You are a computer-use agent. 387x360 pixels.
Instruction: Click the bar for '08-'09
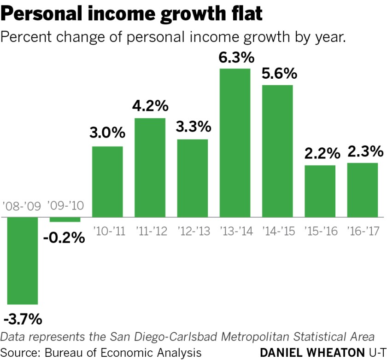tap(23, 260)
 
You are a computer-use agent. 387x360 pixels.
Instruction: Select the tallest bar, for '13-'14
tap(235, 142)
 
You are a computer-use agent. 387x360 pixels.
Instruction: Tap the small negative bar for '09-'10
tap(65, 219)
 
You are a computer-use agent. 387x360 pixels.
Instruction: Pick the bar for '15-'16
tap(320, 191)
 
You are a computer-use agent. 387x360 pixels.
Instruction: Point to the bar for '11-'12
tap(150, 167)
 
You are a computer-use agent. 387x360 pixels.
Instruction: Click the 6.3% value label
tap(235, 58)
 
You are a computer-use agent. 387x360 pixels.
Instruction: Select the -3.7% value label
tap(23, 318)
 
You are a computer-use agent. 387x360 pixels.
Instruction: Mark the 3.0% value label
tap(107, 134)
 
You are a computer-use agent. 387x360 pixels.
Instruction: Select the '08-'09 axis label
tap(23, 205)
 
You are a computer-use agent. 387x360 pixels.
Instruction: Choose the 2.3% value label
tap(363, 151)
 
